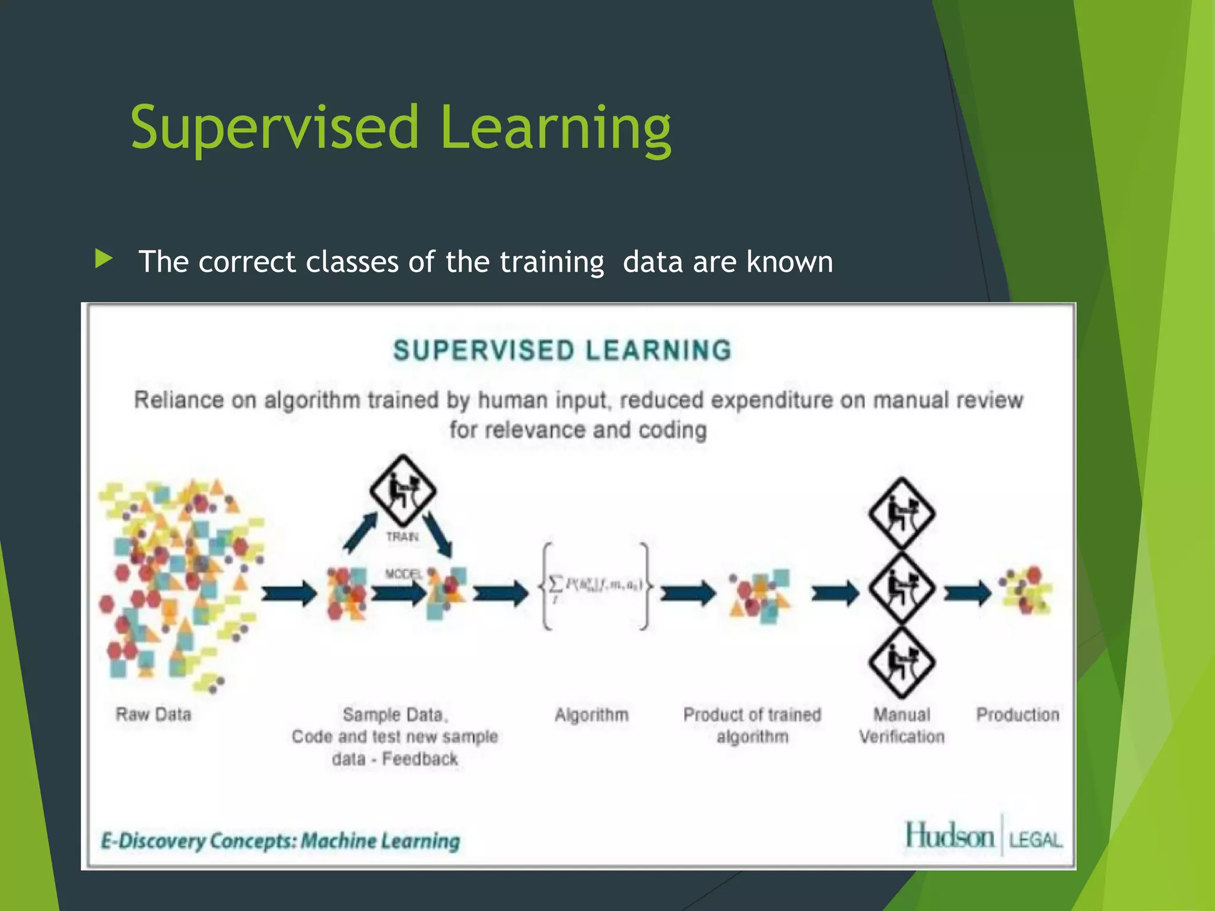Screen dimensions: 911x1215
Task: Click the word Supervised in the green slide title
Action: (275, 128)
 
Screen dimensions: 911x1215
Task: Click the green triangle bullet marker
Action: (103, 259)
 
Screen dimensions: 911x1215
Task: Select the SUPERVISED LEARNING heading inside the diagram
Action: (562, 351)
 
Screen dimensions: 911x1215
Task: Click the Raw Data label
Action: (154, 714)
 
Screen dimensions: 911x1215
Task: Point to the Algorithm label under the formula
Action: (591, 715)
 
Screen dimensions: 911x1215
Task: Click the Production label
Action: (1017, 715)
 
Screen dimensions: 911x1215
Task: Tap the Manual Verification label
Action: (902, 725)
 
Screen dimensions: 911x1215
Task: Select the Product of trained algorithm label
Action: (752, 725)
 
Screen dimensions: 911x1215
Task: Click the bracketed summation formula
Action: (595, 586)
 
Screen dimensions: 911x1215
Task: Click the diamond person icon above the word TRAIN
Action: (403, 490)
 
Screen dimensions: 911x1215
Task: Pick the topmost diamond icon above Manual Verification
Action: (902, 514)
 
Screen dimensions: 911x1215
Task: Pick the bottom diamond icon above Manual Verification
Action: (902, 663)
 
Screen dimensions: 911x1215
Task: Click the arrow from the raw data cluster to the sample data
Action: (289, 593)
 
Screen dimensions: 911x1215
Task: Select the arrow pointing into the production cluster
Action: (968, 593)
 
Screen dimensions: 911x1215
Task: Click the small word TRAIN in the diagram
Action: (402, 537)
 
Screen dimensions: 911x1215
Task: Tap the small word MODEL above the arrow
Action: (403, 574)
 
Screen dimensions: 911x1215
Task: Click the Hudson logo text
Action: (949, 836)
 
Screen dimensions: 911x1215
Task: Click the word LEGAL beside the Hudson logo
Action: (1035, 840)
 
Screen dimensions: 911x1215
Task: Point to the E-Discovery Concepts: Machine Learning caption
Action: (280, 841)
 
